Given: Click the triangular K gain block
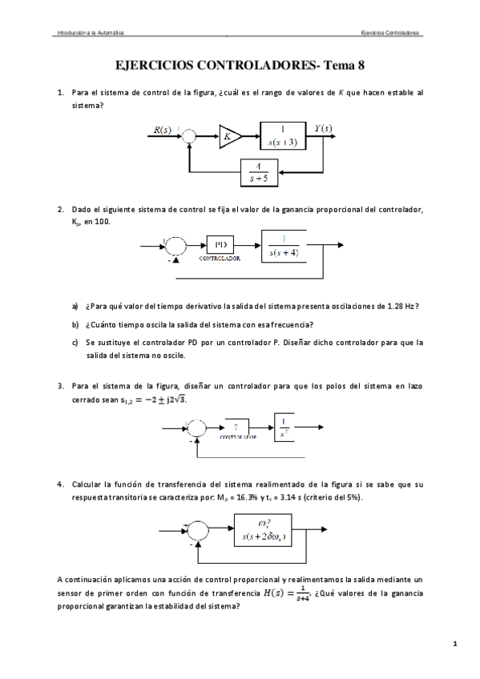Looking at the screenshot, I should click(x=228, y=137).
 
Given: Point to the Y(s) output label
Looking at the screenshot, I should click(x=324, y=128).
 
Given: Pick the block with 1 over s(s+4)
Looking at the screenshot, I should click(x=283, y=247).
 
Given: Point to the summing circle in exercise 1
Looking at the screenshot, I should click(x=188, y=138).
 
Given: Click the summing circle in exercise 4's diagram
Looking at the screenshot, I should click(x=196, y=531).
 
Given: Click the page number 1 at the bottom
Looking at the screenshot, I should click(x=454, y=644).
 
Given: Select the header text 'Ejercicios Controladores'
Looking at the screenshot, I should click(x=391, y=33).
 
